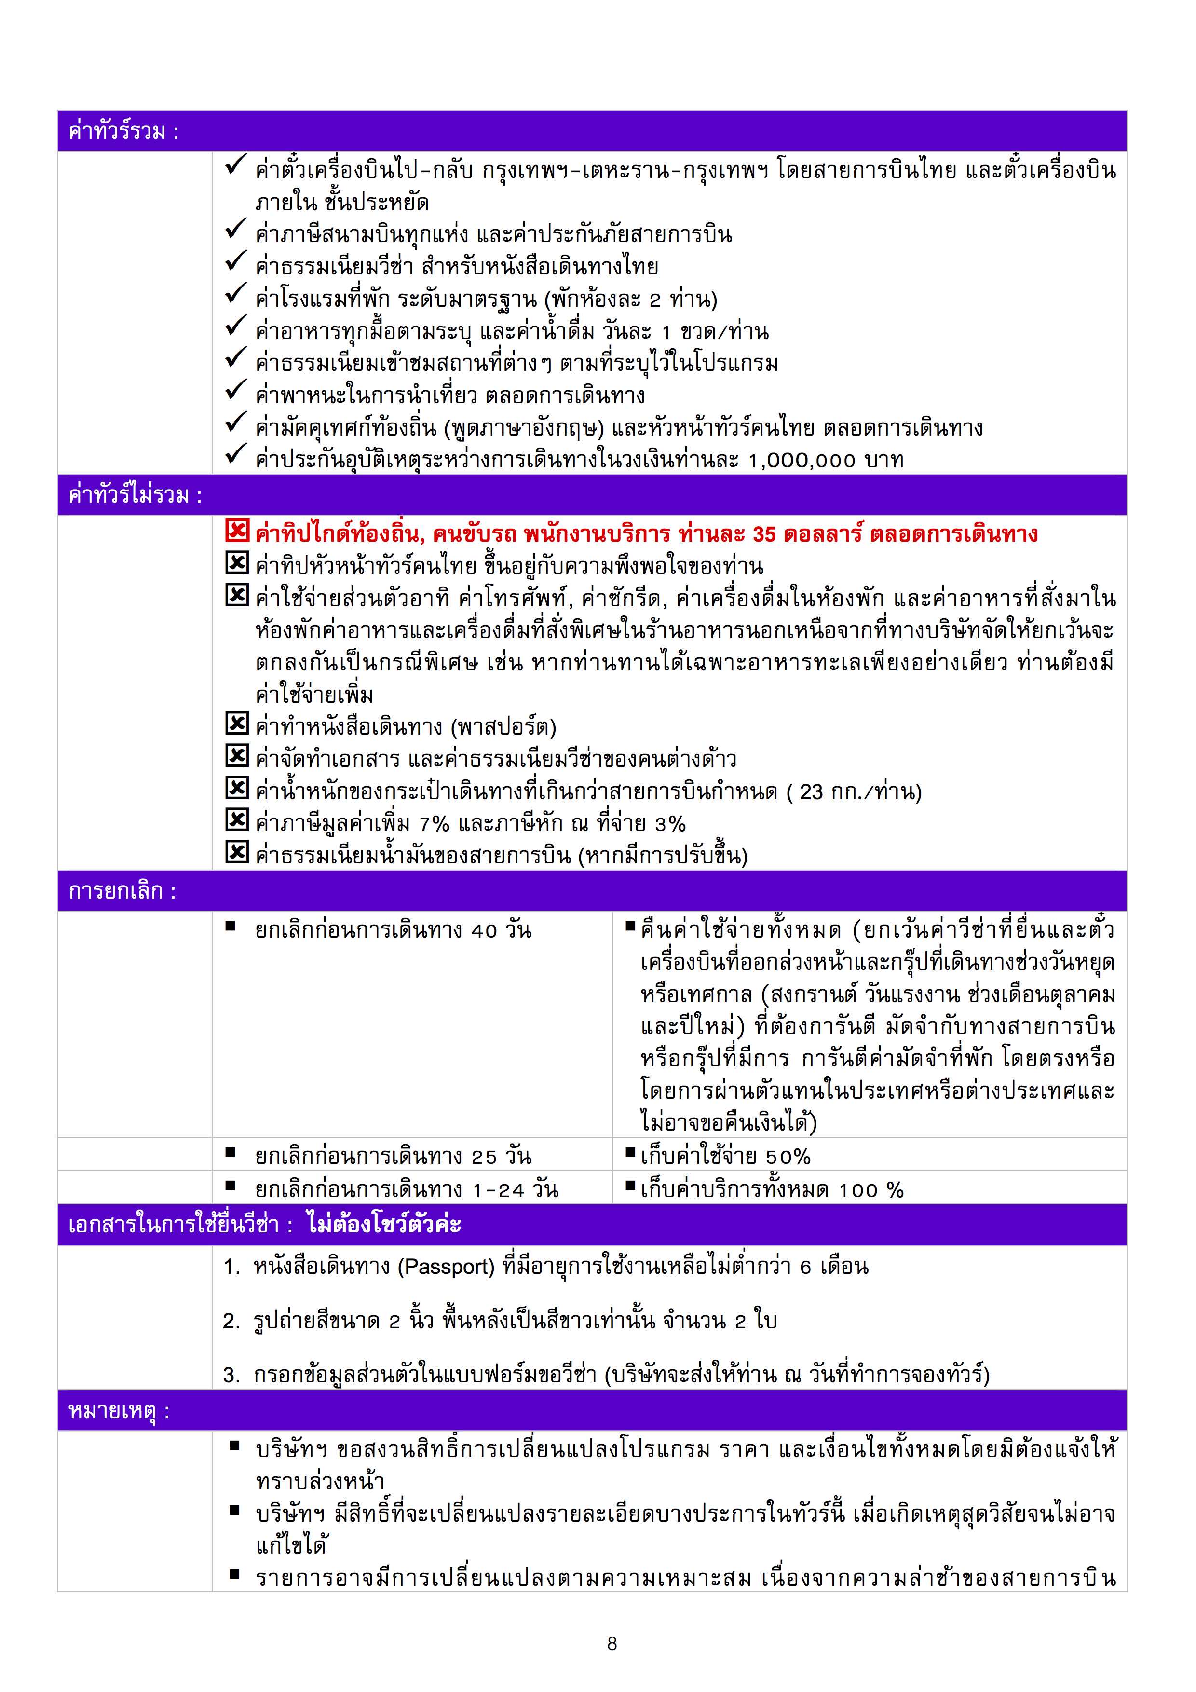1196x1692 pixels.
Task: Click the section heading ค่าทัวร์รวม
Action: [x=123, y=132]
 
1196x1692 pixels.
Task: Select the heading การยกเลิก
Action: [x=122, y=891]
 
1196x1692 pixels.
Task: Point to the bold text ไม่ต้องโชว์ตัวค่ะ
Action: [x=384, y=1224]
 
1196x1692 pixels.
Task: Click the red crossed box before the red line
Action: [x=236, y=531]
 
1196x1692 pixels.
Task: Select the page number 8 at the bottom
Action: [x=612, y=1643]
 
